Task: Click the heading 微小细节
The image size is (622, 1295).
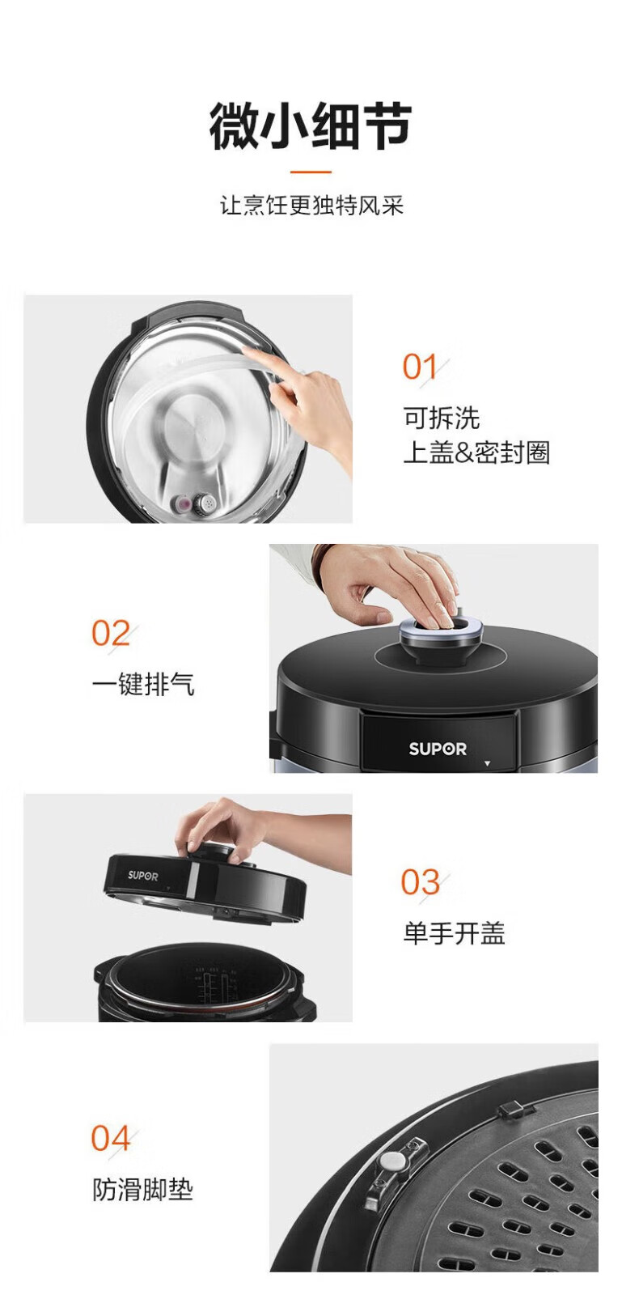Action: pyautogui.click(x=311, y=126)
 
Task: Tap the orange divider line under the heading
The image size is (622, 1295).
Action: pyautogui.click(x=311, y=172)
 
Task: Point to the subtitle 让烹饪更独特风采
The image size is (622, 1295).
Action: pyautogui.click(x=311, y=206)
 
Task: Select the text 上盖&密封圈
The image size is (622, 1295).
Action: pyautogui.click(x=476, y=452)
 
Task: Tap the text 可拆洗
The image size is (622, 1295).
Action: pyautogui.click(x=442, y=418)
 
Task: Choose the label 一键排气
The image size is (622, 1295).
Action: pyautogui.click(x=143, y=684)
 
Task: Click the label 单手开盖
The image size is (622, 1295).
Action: pyautogui.click(x=454, y=933)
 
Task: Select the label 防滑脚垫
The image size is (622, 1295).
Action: pyautogui.click(x=142, y=1190)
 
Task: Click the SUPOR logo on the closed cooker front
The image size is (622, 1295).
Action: pyautogui.click(x=438, y=749)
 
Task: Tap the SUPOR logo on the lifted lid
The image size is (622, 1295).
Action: pyautogui.click(x=142, y=876)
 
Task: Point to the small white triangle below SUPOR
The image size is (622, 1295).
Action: pyautogui.click(x=488, y=764)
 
